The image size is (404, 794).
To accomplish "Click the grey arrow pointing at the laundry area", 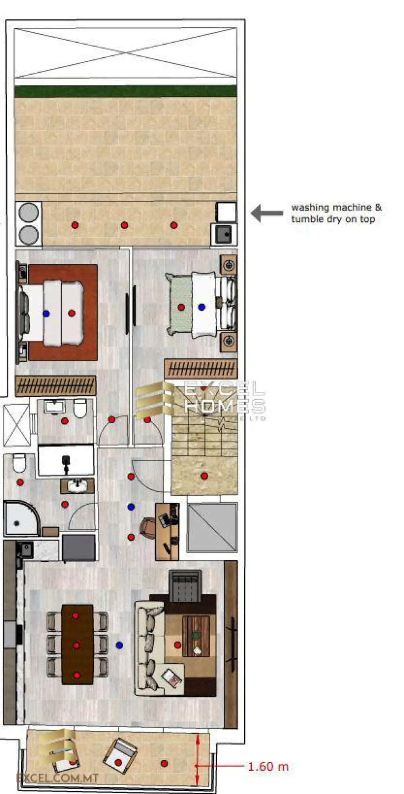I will (267, 213).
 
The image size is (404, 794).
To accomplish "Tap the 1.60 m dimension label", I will (268, 767).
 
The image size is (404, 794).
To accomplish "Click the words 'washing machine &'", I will (336, 207).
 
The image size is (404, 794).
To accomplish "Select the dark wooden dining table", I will (77, 644).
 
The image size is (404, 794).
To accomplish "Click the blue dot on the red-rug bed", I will (46, 313).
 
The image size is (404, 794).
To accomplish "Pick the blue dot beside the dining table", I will (119, 645).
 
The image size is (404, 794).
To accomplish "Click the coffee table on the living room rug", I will (196, 636).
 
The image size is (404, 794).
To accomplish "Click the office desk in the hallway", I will (167, 532).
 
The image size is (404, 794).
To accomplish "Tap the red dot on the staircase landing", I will (204, 476).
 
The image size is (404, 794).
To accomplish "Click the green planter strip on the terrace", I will (125, 91).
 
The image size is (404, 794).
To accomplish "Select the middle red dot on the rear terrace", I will (124, 225).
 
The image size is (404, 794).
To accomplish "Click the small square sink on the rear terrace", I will (224, 234).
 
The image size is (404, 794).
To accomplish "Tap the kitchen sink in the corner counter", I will (26, 549).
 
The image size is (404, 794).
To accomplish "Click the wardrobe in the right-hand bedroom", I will (200, 369).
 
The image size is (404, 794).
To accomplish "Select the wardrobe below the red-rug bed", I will (55, 386).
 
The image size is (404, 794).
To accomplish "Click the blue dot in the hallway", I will (131, 507).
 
